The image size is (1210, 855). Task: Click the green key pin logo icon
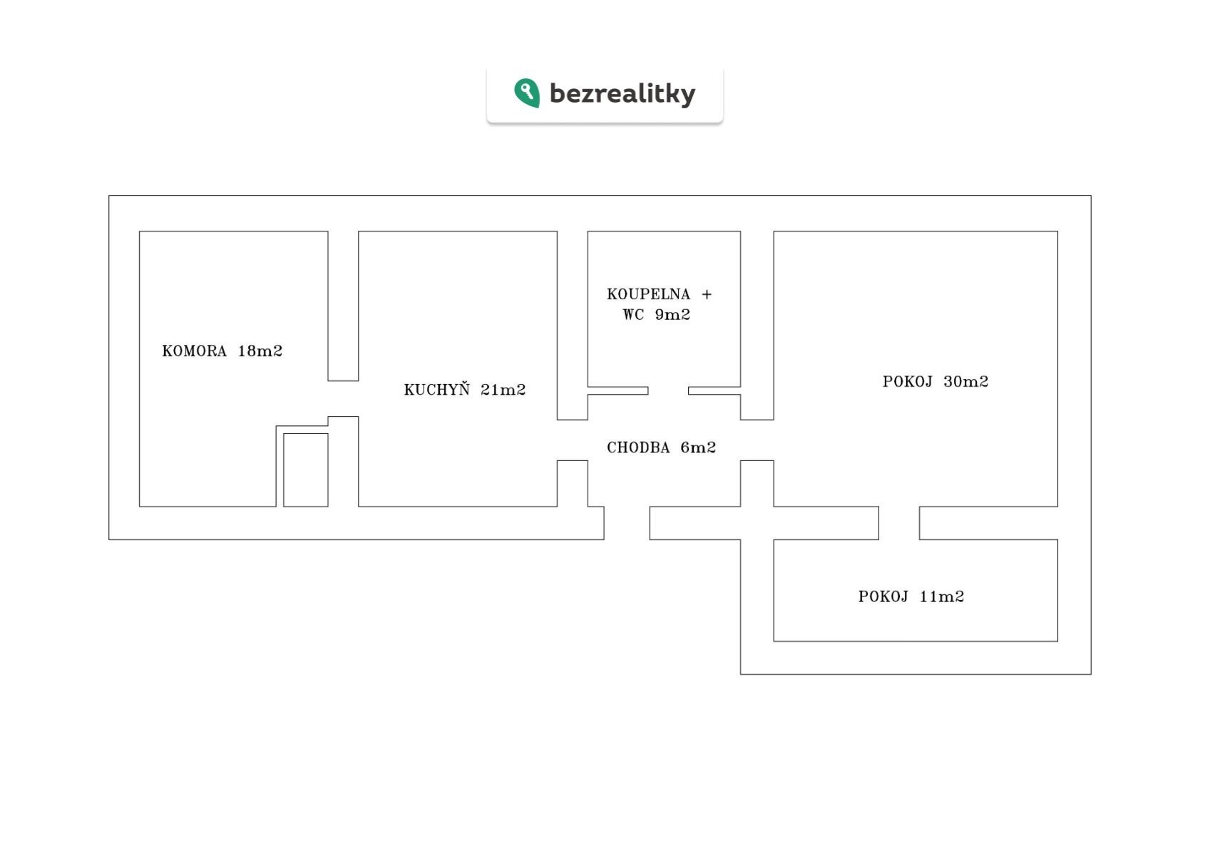tap(527, 93)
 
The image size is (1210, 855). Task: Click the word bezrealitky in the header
tap(622, 93)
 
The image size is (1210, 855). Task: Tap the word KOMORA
tap(195, 351)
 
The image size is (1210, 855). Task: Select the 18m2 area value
tap(260, 351)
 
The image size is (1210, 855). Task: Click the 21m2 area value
tap(503, 390)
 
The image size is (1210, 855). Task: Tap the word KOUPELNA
tap(648, 294)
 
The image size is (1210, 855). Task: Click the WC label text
tap(633, 315)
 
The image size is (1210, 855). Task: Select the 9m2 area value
tap(672, 315)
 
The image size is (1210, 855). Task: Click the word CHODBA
tap(638, 447)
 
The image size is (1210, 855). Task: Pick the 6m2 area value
tap(698, 447)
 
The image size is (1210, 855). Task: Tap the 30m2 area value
tap(966, 382)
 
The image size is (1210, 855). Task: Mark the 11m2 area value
tap(941, 596)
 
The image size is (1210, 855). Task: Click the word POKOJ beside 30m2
tap(908, 382)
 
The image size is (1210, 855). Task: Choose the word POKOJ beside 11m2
tap(883, 596)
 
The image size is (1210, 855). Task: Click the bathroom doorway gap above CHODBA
tap(668, 390)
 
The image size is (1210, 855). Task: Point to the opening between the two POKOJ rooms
tap(899, 523)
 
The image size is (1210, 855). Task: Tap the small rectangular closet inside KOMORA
tap(306, 470)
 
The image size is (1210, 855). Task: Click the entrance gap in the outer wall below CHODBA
tap(627, 523)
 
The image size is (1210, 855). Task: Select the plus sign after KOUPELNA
tap(707, 294)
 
